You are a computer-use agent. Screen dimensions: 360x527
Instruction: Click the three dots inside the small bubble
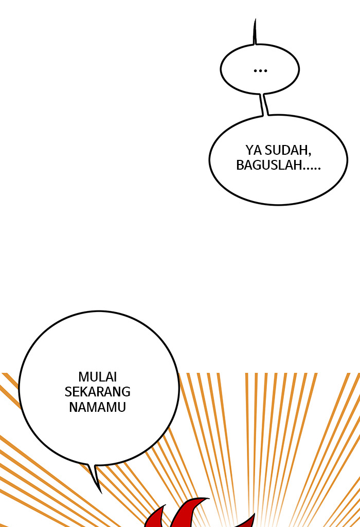(260, 70)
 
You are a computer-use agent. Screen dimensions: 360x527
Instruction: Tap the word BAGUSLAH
(268, 165)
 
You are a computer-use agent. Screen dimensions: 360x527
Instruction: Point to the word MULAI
(98, 377)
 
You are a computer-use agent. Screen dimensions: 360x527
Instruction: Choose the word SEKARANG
(98, 392)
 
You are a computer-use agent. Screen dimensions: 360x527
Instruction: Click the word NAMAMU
(98, 407)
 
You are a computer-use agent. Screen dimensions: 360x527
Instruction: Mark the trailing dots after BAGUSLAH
(311, 169)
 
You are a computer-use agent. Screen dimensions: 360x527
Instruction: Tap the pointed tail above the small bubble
(255, 31)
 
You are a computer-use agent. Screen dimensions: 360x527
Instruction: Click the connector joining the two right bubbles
(264, 104)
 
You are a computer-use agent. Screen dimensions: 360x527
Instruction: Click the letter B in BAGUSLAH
(240, 165)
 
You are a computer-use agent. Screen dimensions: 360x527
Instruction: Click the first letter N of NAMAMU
(73, 407)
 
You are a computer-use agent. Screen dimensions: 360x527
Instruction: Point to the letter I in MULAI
(115, 377)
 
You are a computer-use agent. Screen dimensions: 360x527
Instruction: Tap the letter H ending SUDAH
(304, 150)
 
